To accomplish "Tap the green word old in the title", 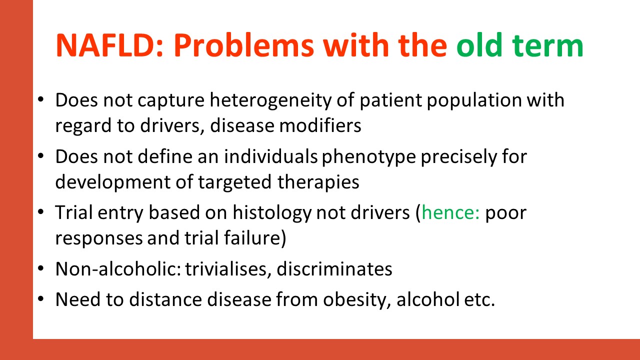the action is pyautogui.click(x=479, y=45).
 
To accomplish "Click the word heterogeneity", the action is pyautogui.click(x=271, y=100).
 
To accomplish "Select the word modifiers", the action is pyautogui.click(x=320, y=125).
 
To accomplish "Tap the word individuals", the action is pyautogui.click(x=271, y=156).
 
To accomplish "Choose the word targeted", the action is pyautogui.click(x=234, y=182).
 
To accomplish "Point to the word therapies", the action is pyautogui.click(x=318, y=182).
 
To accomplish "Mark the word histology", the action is pyautogui.click(x=272, y=213).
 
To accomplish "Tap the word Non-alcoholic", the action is pyautogui.click(x=118, y=269).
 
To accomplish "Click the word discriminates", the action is pyautogui.click(x=334, y=269).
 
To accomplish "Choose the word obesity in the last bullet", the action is pyautogui.click(x=357, y=300).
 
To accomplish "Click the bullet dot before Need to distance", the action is pyautogui.click(x=40, y=299).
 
